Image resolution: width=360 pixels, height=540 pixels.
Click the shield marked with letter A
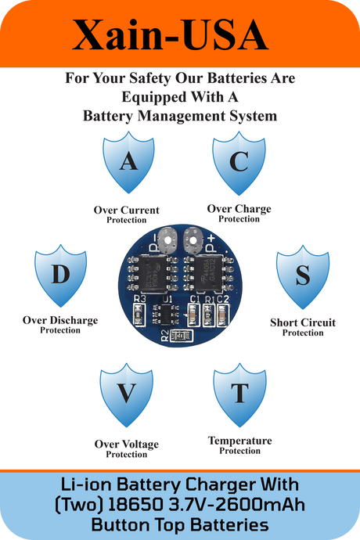click(128, 162)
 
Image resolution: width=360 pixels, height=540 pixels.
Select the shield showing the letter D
click(60, 275)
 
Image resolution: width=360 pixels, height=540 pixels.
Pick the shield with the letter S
click(303, 277)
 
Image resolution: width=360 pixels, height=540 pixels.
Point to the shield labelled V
click(127, 394)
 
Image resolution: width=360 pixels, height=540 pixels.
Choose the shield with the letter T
click(239, 394)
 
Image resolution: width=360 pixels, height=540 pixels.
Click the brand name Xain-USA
click(170, 34)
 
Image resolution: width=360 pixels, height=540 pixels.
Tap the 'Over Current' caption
click(127, 210)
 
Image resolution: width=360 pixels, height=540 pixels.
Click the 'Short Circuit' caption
click(303, 322)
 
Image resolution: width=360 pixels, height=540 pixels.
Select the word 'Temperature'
click(239, 441)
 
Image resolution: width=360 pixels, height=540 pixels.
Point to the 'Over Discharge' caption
click(60, 320)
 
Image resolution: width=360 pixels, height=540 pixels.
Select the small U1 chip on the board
click(167, 314)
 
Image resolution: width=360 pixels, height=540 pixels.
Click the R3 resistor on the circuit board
click(139, 315)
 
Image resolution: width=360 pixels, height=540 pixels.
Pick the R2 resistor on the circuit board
click(182, 335)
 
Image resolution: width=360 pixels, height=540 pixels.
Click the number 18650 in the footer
click(135, 505)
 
